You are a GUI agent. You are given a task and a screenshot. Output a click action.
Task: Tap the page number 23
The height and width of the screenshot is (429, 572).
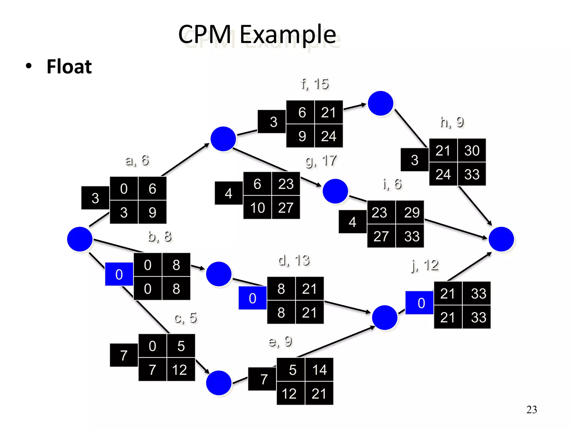(531, 409)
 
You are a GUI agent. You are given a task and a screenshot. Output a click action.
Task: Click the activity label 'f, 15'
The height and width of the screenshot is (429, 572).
(315, 84)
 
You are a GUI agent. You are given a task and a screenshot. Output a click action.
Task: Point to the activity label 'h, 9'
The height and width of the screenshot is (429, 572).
(452, 122)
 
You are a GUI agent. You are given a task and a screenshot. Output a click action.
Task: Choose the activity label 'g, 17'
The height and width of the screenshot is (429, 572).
(321, 161)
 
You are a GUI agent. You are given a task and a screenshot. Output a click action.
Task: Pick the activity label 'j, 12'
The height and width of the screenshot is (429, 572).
(425, 265)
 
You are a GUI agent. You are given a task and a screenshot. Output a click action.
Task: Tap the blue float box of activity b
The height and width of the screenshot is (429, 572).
(119, 274)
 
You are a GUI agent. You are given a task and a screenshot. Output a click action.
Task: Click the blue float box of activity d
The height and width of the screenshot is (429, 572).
(252, 298)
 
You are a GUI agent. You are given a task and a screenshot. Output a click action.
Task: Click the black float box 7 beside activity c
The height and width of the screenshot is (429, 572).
(124, 355)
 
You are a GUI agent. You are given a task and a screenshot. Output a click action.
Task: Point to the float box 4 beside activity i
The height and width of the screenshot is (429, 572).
(352, 222)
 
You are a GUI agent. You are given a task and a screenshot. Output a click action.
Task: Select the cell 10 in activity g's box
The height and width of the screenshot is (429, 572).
(257, 208)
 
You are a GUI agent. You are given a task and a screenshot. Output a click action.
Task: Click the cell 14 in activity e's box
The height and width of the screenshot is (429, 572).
(319, 370)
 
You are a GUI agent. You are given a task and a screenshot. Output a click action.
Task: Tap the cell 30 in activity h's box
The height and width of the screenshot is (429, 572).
(472, 151)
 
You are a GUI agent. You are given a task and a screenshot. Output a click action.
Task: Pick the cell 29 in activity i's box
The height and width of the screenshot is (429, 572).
(411, 213)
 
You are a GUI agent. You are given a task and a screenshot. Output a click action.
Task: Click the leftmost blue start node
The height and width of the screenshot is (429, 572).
(80, 239)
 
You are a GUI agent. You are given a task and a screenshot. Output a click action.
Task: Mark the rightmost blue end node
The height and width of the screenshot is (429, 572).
(501, 239)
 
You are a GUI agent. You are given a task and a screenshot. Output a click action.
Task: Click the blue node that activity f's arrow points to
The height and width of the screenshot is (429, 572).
(380, 103)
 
